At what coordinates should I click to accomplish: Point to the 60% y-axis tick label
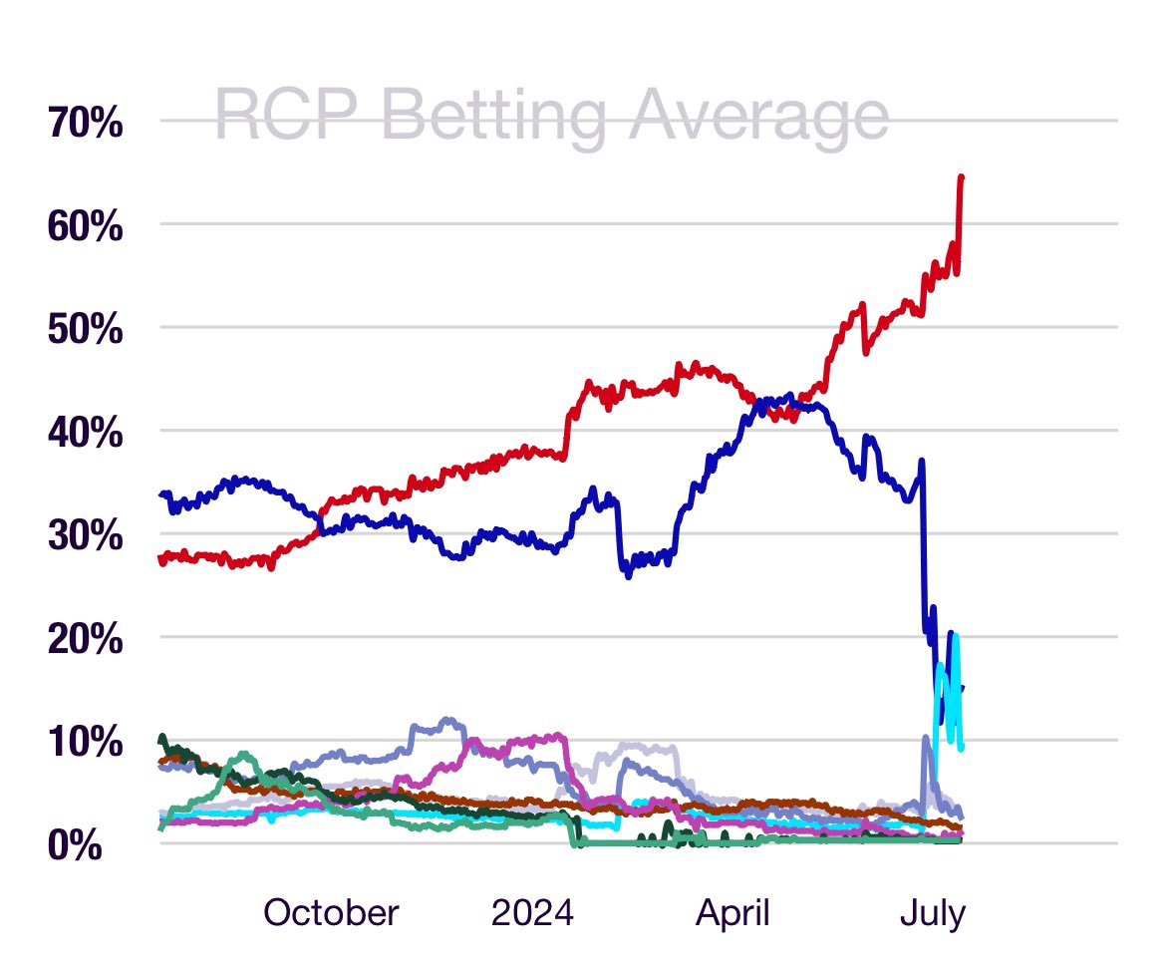[x=85, y=227]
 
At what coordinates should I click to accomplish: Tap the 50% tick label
[x=85, y=330]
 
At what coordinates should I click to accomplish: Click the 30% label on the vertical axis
[x=85, y=536]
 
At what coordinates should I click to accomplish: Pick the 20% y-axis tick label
[x=85, y=639]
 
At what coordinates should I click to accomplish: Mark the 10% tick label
[x=85, y=742]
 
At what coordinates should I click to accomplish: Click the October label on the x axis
[x=331, y=912]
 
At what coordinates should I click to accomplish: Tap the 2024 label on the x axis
[x=533, y=912]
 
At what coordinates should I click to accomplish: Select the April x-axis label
[x=732, y=912]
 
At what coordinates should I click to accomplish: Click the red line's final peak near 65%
[x=961, y=177]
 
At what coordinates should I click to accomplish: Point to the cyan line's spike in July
[x=939, y=664]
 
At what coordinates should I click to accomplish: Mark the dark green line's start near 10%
[x=161, y=738]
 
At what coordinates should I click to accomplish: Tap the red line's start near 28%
[x=162, y=558]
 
